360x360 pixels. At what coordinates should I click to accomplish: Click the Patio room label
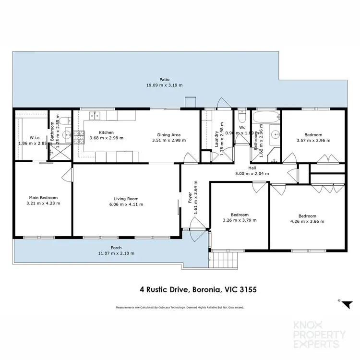tap(165, 80)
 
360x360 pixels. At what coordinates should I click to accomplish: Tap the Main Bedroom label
tap(43, 198)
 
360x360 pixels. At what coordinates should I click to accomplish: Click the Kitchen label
tap(106, 132)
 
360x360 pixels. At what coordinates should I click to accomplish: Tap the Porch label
tap(117, 248)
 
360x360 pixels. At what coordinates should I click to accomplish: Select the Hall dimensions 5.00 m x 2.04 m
tap(252, 174)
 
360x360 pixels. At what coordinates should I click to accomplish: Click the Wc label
tap(242, 127)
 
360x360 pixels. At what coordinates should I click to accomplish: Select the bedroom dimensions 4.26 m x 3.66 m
tap(307, 221)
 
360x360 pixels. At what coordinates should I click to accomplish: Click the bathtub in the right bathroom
tap(265, 117)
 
